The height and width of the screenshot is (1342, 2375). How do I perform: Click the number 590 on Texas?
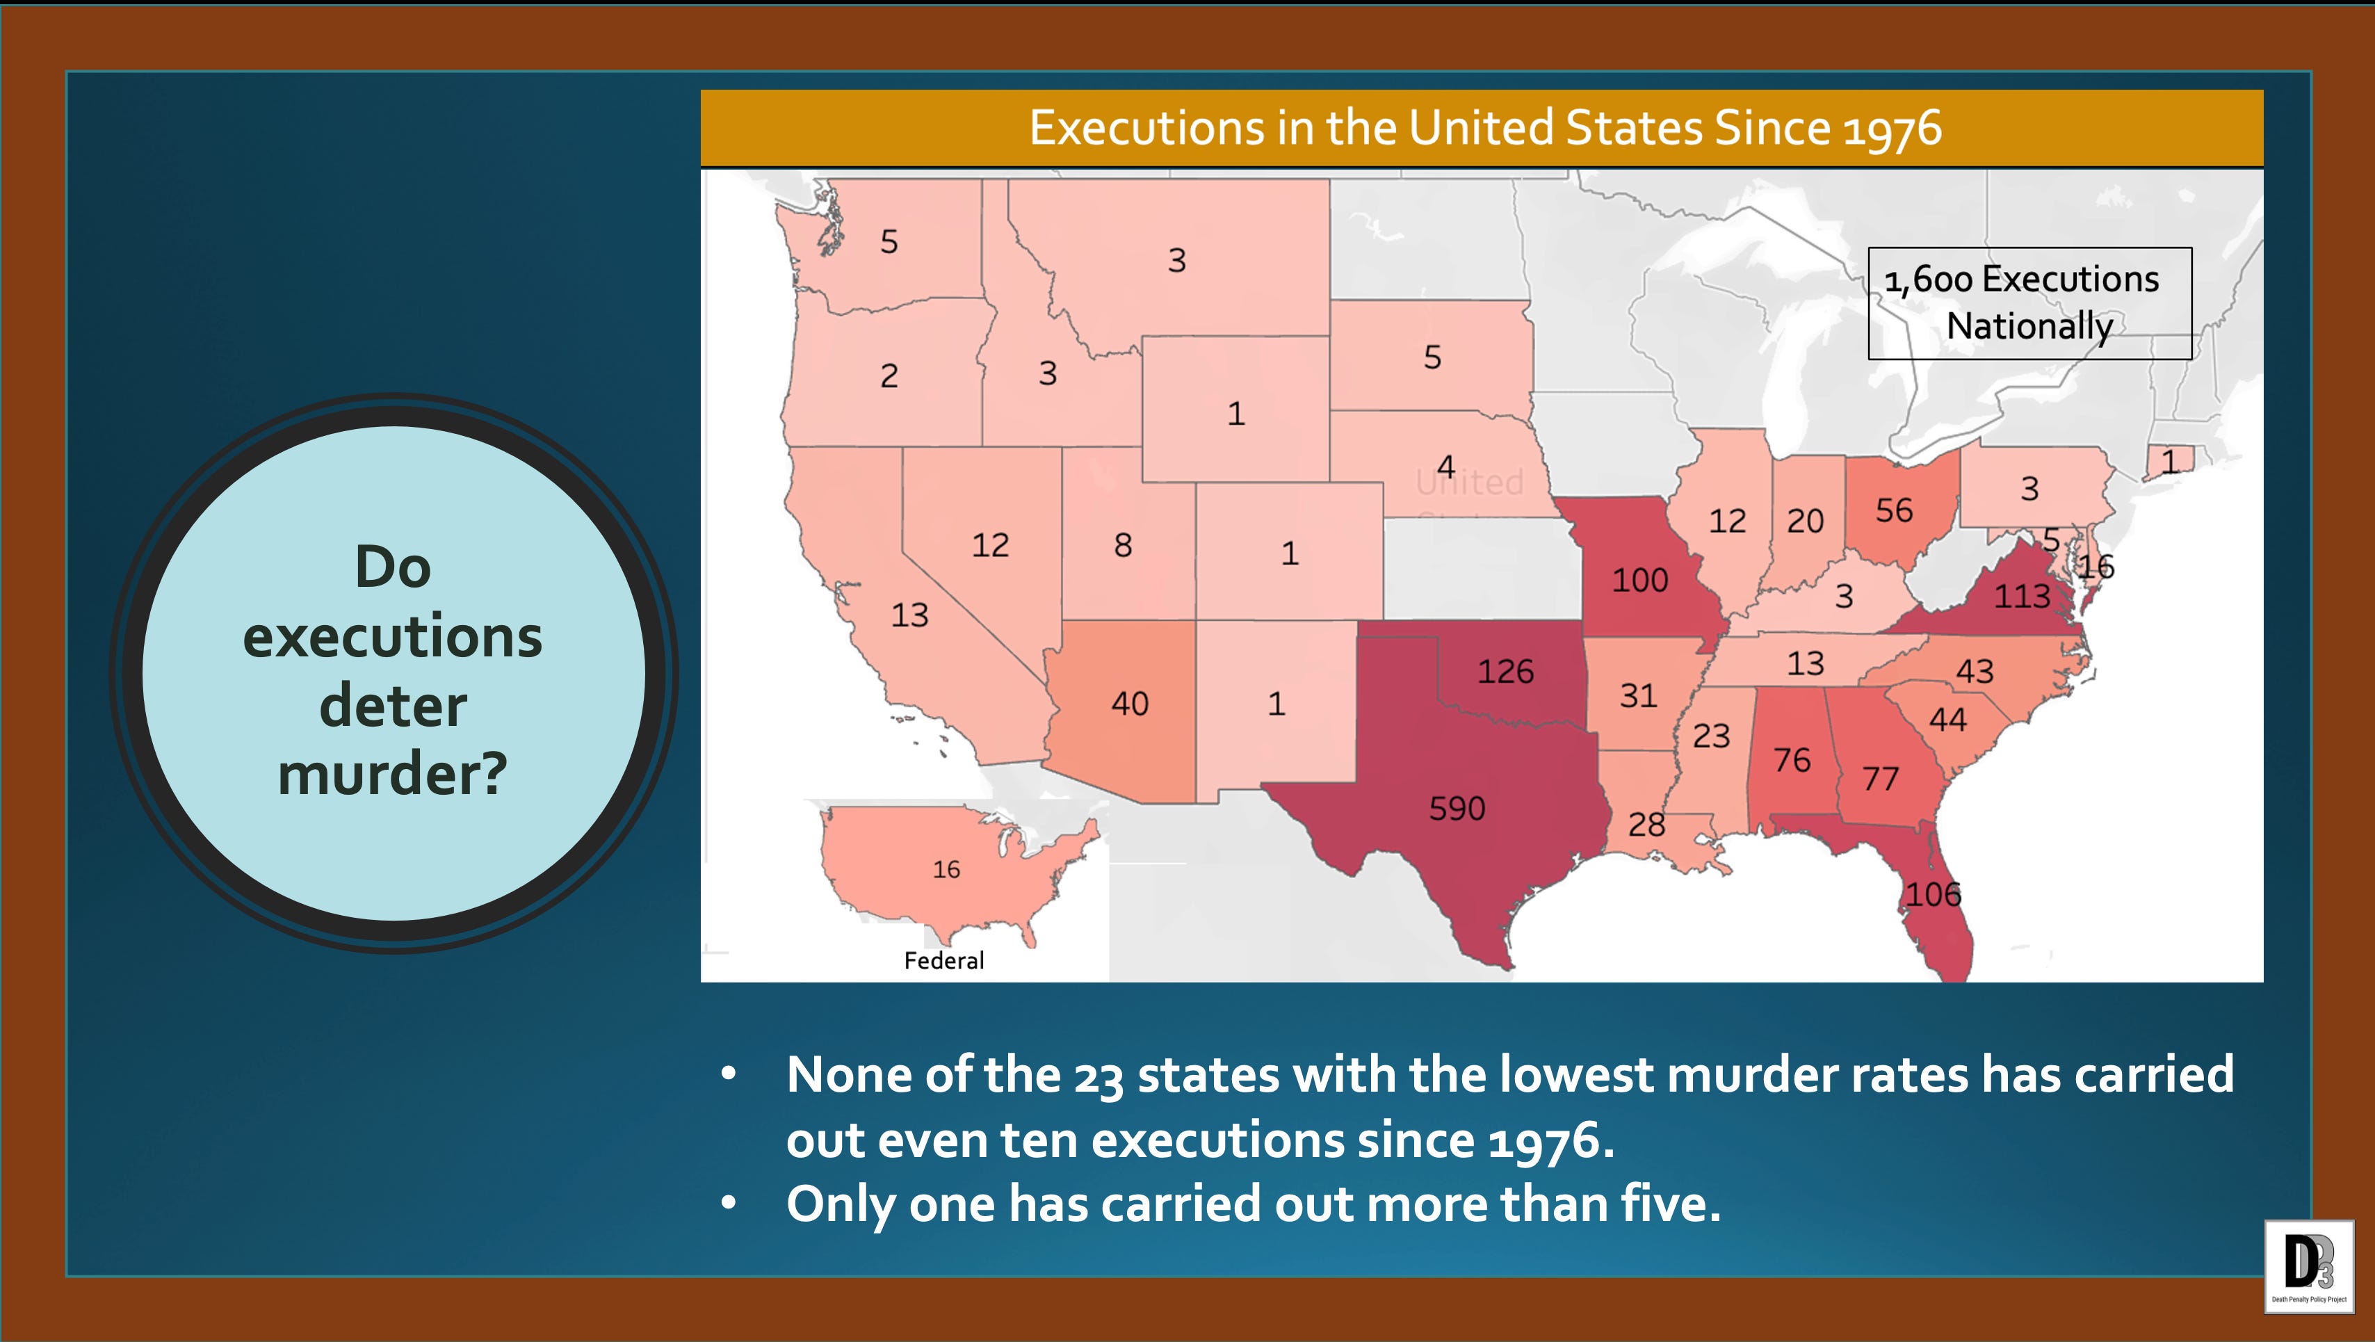pos(1457,809)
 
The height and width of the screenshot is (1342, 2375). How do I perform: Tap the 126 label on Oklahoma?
pos(1506,672)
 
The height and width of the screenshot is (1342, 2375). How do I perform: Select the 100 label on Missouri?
pos(1639,580)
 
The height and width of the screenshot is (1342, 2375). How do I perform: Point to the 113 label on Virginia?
pos(2022,597)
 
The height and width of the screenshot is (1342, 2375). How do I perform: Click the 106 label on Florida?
pos(1934,894)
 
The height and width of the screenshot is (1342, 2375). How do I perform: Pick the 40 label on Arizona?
pos(1129,704)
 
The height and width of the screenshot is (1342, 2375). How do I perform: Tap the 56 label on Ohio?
pos(1894,510)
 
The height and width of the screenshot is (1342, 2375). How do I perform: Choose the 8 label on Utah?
pos(1122,545)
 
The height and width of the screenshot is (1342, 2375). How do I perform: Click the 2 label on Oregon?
pos(889,376)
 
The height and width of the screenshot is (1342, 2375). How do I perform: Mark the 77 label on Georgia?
pos(1880,779)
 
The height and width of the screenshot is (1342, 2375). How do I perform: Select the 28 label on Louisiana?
pos(1646,825)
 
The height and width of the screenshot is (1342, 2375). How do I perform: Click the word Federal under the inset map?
pos(943,961)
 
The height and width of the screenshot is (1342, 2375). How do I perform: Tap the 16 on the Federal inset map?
pos(946,869)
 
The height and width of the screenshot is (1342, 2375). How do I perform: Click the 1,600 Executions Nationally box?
pos(2029,302)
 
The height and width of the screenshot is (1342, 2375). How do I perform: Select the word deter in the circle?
pos(393,706)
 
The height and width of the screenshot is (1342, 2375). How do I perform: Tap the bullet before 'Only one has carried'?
pos(729,1203)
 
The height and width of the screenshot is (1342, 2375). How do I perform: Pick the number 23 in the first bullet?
pos(1098,1076)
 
